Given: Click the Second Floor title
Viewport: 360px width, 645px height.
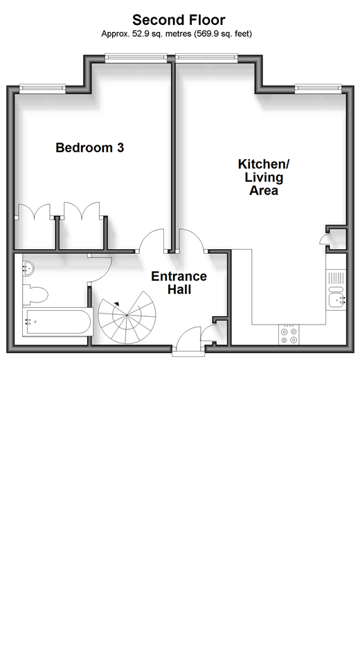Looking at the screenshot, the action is (x=179, y=20).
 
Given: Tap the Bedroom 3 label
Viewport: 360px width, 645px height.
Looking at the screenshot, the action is (x=90, y=147).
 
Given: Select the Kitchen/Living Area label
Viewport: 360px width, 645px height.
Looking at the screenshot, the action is (x=264, y=177).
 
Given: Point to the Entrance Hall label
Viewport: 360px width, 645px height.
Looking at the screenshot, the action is (x=179, y=282).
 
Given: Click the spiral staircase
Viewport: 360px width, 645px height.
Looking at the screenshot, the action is (x=127, y=317).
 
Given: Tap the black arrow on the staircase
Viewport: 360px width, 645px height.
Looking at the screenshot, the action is (x=117, y=304).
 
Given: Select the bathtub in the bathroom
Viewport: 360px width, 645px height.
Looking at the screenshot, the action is (x=57, y=322).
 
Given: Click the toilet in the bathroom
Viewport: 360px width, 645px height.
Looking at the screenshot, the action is (x=35, y=293).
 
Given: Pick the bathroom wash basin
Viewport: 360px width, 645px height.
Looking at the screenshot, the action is (x=28, y=269).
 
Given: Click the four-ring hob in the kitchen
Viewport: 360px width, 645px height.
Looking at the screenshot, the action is (x=289, y=334).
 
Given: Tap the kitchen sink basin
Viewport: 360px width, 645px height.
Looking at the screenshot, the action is (x=336, y=300).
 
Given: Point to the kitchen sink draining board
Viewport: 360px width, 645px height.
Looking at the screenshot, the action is (x=336, y=278).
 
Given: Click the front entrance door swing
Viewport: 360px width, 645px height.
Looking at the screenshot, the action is (x=189, y=338).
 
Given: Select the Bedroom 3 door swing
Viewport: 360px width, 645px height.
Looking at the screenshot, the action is (x=152, y=240).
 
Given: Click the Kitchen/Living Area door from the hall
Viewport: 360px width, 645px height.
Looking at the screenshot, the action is (x=192, y=240).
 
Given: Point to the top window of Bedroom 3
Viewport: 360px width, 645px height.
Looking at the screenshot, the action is (x=136, y=58).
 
